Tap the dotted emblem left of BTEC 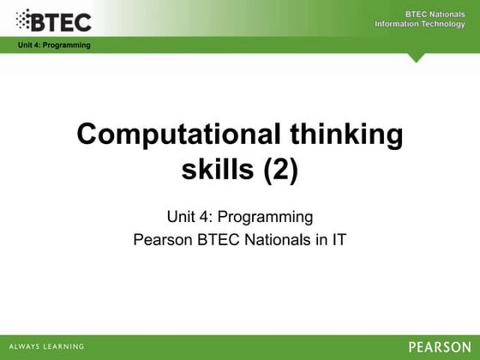point(27,19)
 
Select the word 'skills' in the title point(213,171)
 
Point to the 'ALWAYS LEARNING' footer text point(47,346)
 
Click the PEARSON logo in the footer point(439,346)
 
